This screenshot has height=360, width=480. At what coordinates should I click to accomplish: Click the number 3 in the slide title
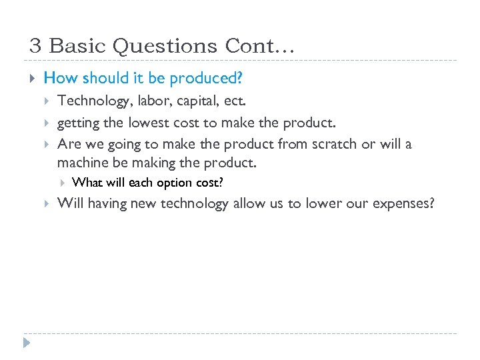coord(36,46)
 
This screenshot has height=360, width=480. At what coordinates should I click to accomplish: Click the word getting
coord(79,123)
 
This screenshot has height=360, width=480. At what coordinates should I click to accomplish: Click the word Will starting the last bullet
coord(69,203)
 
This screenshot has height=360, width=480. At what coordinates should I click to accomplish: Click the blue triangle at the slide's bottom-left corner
coord(27,344)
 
